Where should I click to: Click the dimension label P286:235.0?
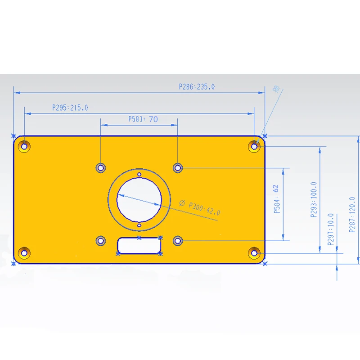197,87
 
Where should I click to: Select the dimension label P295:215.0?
70,108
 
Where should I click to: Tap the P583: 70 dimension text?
143,119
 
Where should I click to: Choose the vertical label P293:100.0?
314,199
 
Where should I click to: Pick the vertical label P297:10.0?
331,229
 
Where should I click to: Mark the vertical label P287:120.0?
352,215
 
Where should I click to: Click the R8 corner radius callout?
277,90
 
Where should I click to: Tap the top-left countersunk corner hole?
24,146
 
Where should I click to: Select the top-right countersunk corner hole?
255,146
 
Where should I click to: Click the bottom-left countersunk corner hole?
24,252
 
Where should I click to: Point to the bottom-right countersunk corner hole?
255,252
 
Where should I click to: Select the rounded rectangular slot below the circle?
139,245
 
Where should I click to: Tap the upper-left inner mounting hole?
101,168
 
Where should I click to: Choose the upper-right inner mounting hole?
178,168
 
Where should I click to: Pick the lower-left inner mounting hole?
101,241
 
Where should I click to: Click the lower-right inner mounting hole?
178,241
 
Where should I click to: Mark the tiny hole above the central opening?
139,174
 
